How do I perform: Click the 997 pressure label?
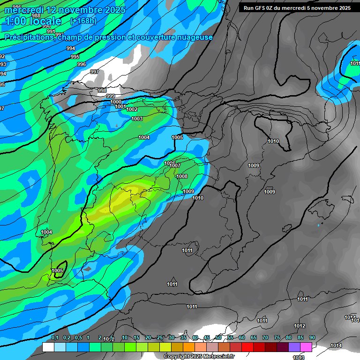(94, 72)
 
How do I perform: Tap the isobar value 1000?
(116, 102)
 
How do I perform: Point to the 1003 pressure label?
(137, 119)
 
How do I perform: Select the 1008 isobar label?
(182, 176)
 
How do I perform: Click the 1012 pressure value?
(300, 326)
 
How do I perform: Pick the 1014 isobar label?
(336, 345)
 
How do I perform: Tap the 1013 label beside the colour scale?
(299, 358)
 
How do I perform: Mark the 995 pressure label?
(75, 57)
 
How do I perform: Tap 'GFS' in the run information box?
(261, 8)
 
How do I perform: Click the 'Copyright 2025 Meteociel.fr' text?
(199, 357)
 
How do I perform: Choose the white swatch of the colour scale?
(48, 347)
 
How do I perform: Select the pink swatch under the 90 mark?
(306, 347)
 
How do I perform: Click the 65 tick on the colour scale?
(254, 338)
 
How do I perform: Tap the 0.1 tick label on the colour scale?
(55, 338)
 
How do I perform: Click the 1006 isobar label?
(169, 163)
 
